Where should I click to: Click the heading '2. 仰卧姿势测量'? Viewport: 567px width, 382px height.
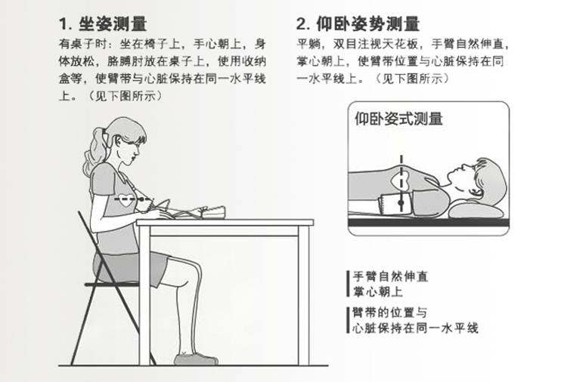pos(358,23)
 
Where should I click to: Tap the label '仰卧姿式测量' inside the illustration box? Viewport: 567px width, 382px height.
pos(398,119)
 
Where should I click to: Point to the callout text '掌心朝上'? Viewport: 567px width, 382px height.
pos(377,291)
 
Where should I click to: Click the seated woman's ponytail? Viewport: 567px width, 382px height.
pos(97,146)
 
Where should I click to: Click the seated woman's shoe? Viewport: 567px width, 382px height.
pos(196,357)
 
